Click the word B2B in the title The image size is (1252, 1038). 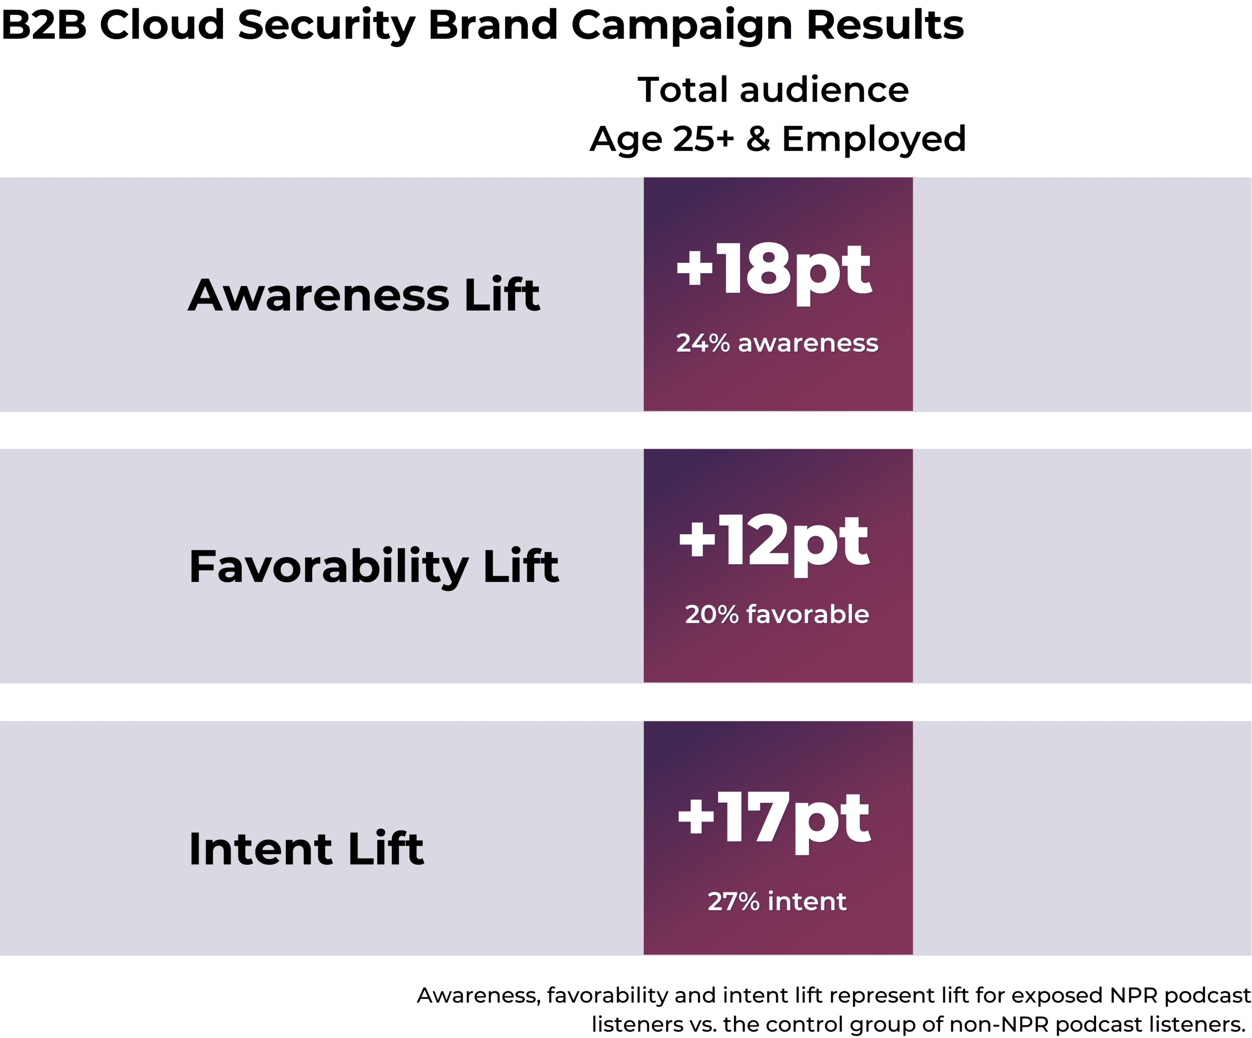(x=44, y=25)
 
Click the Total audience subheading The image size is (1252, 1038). (x=773, y=90)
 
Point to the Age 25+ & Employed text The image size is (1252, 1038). (x=778, y=139)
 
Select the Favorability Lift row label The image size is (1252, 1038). (x=374, y=567)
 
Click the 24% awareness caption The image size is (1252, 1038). (x=777, y=343)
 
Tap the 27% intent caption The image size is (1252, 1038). (x=777, y=902)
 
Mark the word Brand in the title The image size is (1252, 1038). (x=493, y=25)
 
